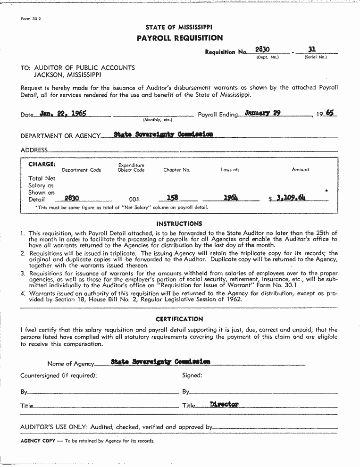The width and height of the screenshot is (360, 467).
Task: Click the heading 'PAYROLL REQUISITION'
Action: point(179,38)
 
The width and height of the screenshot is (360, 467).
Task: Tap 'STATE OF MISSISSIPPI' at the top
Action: point(179,27)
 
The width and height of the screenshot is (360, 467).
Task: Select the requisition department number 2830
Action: point(262,50)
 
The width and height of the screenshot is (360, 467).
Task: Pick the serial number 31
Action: point(311,49)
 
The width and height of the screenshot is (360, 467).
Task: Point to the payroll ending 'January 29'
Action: point(263,113)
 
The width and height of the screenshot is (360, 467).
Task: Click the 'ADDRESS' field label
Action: point(34,150)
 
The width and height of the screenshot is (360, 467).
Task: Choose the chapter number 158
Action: point(172,199)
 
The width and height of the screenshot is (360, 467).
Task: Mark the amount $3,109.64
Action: point(289,198)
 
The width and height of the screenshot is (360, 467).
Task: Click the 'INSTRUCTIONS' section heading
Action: point(179,224)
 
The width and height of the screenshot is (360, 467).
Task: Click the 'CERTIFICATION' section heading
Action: point(179,319)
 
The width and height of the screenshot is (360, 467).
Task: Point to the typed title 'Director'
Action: point(224,405)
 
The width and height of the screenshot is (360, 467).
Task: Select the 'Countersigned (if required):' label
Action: point(59,375)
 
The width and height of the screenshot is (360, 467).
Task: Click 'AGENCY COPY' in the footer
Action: point(37,441)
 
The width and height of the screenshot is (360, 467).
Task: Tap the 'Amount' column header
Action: point(300,170)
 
